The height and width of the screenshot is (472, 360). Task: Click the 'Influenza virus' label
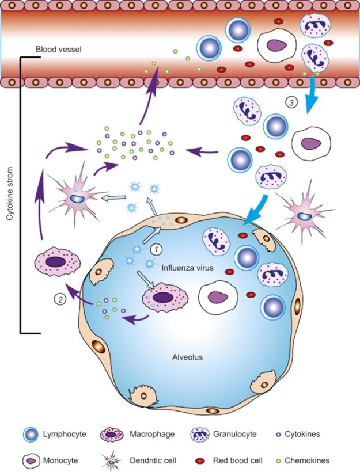click(185, 267)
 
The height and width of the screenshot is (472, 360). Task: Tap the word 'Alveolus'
click(188, 356)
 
